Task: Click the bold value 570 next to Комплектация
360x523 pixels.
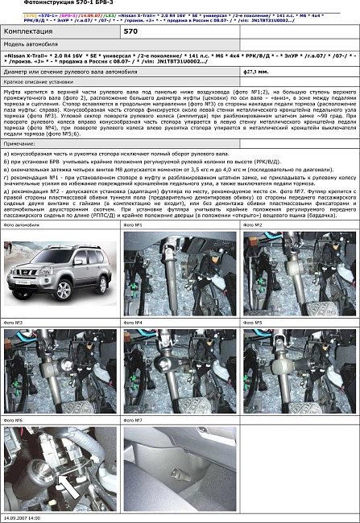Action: click(130, 30)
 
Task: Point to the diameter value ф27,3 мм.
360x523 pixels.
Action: click(255, 72)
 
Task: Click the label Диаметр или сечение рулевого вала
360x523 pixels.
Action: click(56, 72)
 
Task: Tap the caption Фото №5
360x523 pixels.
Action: click(253, 323)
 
